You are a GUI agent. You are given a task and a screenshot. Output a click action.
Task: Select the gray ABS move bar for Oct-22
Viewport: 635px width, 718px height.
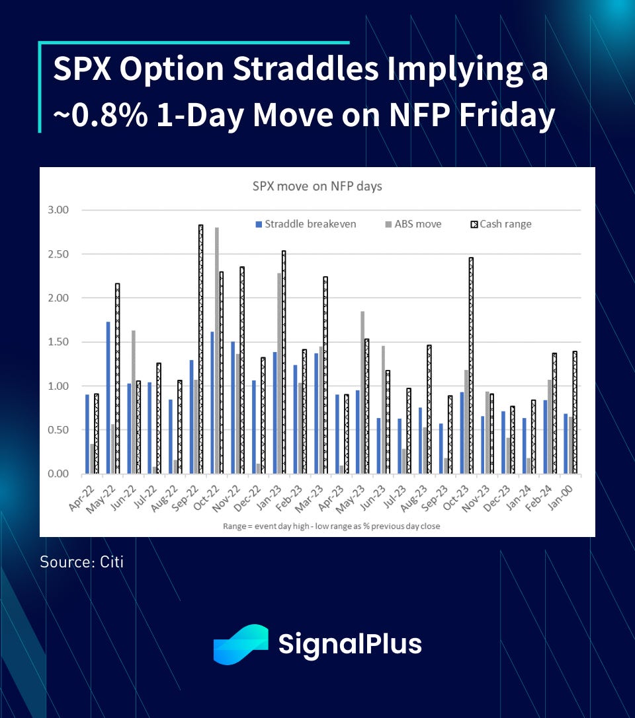tap(217, 350)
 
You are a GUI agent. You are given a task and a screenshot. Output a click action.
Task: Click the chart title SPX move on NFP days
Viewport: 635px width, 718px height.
tap(317, 186)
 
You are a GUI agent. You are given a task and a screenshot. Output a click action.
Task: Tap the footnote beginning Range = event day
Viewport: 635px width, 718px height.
tap(317, 526)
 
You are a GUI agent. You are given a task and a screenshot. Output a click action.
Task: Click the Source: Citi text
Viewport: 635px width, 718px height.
tap(81, 562)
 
